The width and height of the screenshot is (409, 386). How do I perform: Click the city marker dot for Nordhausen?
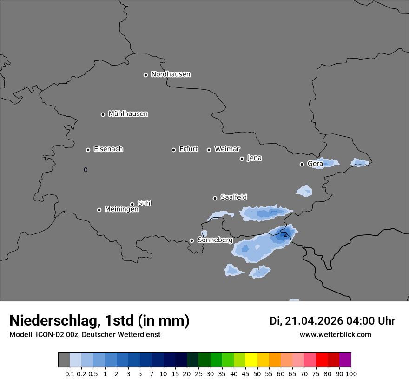[x=145, y=75]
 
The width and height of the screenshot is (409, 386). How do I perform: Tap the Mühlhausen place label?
[x=128, y=114]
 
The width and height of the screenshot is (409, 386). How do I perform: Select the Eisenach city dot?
[x=88, y=150]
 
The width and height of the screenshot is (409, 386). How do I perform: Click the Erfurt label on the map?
[x=188, y=149]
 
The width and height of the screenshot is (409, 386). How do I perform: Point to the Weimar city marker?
[x=209, y=150]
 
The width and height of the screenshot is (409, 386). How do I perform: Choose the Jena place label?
[x=254, y=158]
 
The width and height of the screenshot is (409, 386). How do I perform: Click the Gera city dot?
[x=302, y=164]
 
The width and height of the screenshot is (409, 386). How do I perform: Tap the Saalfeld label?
[x=233, y=198]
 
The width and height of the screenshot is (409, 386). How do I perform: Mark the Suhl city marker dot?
[x=132, y=204]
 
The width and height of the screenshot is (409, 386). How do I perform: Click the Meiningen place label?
[x=121, y=210]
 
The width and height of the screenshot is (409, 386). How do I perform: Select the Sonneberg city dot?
[x=191, y=241]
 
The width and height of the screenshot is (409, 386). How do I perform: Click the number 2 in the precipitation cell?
[x=285, y=235]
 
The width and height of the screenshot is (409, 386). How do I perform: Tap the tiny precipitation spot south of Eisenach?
[x=86, y=170]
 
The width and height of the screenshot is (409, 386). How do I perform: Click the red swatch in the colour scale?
[x=322, y=360]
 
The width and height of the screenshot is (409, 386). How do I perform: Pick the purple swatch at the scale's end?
[x=345, y=360]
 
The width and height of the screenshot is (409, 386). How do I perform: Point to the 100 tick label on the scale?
[x=351, y=373]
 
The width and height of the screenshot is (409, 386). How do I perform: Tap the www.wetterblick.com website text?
[x=335, y=334]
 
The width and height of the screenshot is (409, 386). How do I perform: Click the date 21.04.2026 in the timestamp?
[x=314, y=321]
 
